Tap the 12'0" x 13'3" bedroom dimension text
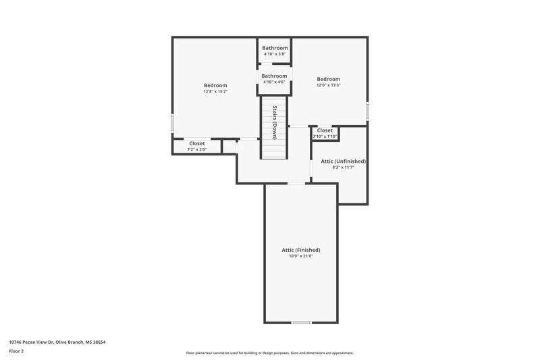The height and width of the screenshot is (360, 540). point(328,85)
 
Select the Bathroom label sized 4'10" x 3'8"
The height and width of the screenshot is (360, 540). point(275,48)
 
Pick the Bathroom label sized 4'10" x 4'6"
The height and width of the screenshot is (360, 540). point(275,76)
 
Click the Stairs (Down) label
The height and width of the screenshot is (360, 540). point(275,122)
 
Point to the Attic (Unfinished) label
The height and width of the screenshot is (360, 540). point(344,161)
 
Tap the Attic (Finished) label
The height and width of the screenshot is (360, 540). point(300,250)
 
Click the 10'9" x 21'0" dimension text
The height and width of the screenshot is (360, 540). point(300,256)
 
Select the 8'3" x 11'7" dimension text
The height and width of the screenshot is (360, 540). point(344,168)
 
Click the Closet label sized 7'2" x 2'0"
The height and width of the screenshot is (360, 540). point(197,143)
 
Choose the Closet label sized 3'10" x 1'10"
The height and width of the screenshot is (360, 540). point(325,130)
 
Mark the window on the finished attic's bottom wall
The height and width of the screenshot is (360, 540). point(301,323)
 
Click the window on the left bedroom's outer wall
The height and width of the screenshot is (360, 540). point(173,123)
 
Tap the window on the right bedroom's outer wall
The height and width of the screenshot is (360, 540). point(367,109)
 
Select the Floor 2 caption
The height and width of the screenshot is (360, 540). point(17,351)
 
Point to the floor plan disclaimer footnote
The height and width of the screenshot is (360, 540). point(269,353)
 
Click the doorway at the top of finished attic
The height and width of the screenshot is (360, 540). point(296,183)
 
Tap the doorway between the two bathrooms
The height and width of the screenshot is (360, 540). point(275,64)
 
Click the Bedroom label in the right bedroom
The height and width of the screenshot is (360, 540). point(328,79)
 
